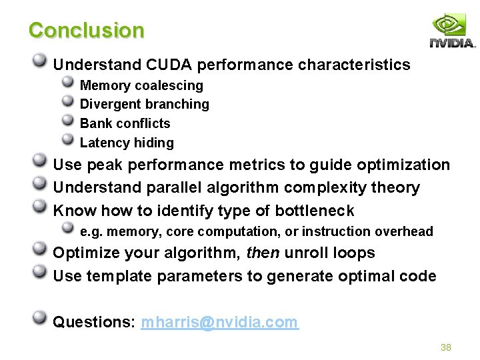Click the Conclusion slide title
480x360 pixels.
click(x=86, y=30)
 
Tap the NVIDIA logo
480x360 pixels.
click(x=452, y=30)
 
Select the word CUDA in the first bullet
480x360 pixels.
click(x=169, y=65)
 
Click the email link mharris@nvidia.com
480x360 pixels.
click(x=219, y=322)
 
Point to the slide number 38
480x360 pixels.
click(x=446, y=347)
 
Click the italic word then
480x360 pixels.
click(x=263, y=253)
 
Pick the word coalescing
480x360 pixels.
click(x=169, y=86)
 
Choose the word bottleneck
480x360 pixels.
click(x=315, y=210)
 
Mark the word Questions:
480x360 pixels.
click(x=94, y=322)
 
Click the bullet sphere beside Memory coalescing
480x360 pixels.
click(x=67, y=82)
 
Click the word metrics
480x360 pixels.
click(x=257, y=165)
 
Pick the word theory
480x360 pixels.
click(x=395, y=187)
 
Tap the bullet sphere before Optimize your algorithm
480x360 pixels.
click(x=39, y=248)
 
